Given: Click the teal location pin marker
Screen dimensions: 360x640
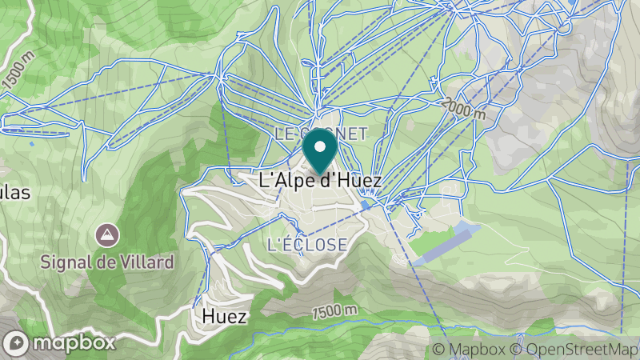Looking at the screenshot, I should (x=321, y=152).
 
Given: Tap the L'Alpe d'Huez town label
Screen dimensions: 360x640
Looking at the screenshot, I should (x=321, y=181).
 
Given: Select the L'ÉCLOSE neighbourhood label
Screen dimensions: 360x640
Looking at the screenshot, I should (x=307, y=244).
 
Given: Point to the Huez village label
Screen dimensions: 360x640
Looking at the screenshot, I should (x=224, y=317).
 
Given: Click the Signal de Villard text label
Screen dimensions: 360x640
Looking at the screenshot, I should (x=108, y=262).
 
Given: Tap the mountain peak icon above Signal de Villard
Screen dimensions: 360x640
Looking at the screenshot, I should (x=106, y=235).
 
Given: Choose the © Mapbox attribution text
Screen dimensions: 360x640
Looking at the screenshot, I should (x=470, y=350).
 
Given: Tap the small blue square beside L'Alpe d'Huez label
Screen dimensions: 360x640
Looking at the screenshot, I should (x=366, y=205).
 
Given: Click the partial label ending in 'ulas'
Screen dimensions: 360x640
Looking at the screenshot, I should (x=14, y=194).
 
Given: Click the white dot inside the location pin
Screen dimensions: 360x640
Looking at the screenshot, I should (x=321, y=146).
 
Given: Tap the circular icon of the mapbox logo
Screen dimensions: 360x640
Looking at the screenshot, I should (x=17, y=342).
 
